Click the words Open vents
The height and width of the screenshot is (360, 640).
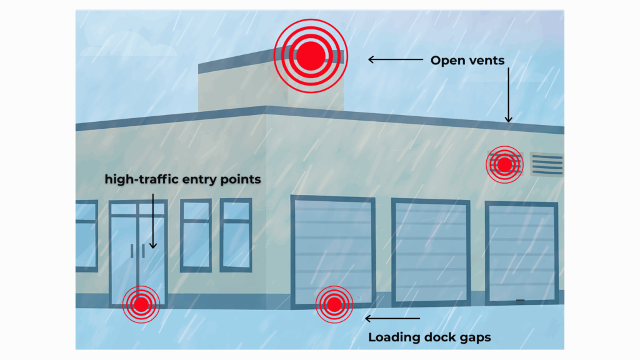(x=467, y=61)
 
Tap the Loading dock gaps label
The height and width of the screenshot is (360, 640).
(x=429, y=337)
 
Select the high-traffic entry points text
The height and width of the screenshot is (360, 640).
(x=182, y=179)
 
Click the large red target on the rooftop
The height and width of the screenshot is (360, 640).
(x=311, y=56)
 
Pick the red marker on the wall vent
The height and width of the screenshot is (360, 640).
(x=504, y=164)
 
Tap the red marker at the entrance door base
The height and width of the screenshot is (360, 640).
(x=141, y=304)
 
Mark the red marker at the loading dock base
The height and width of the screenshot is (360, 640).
(x=334, y=304)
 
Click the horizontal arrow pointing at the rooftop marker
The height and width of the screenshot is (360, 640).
(x=396, y=59)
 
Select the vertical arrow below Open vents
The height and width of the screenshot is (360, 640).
(x=508, y=95)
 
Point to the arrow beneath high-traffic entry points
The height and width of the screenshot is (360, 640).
(x=153, y=221)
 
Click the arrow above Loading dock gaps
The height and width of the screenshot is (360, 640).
(x=392, y=318)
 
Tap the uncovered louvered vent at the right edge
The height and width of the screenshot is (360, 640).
(x=547, y=164)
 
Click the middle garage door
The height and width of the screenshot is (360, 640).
(x=431, y=252)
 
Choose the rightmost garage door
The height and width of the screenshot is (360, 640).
(x=522, y=253)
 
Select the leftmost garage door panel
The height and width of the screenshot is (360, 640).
(x=333, y=251)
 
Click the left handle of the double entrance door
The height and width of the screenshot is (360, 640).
(x=132, y=251)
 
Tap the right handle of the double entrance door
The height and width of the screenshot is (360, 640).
(x=143, y=251)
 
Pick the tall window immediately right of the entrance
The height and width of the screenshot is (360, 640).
(x=196, y=236)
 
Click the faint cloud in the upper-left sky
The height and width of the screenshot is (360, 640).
(x=128, y=45)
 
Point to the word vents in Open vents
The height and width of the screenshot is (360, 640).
(x=486, y=61)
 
